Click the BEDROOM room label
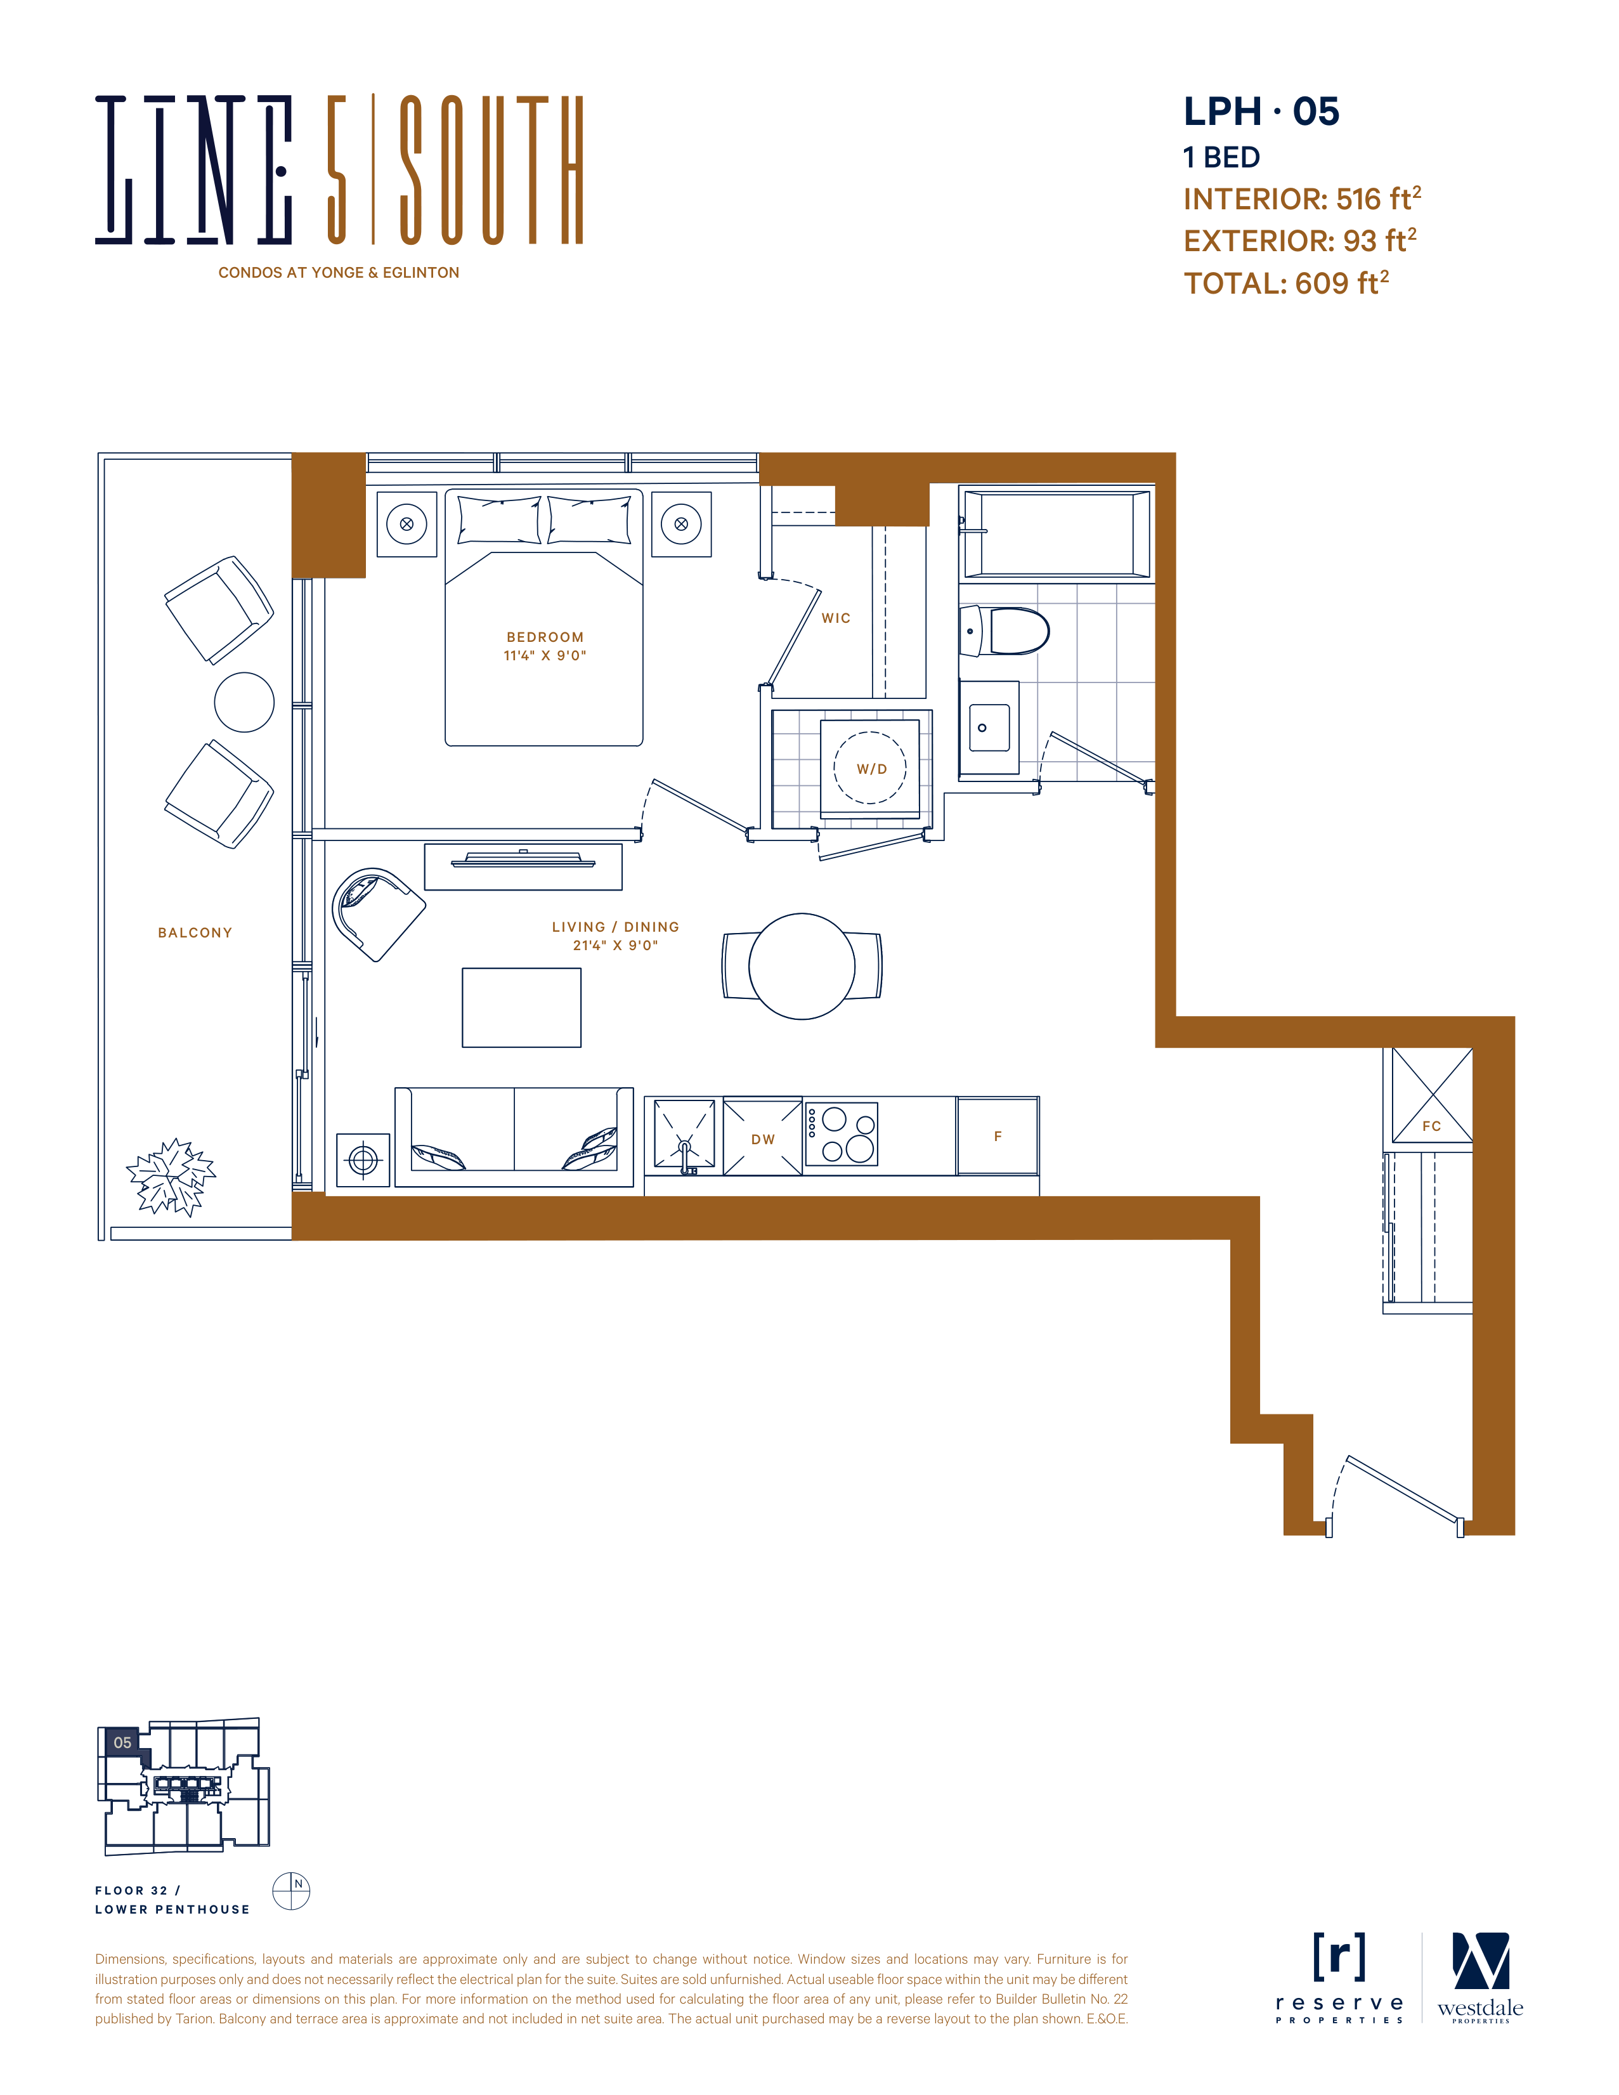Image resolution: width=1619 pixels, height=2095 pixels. [x=545, y=637]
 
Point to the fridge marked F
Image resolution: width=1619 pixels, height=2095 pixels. [x=998, y=1137]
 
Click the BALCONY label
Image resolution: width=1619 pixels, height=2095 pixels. [x=195, y=932]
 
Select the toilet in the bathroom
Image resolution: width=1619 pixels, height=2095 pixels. [x=1005, y=630]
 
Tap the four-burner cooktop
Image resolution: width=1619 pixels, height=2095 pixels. [x=841, y=1134]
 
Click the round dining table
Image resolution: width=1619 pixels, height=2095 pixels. [x=802, y=966]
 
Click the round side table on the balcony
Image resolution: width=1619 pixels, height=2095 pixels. [x=245, y=702]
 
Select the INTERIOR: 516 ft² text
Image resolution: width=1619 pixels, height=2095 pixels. [x=1301, y=198]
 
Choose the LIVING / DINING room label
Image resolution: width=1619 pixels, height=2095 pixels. [x=616, y=927]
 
